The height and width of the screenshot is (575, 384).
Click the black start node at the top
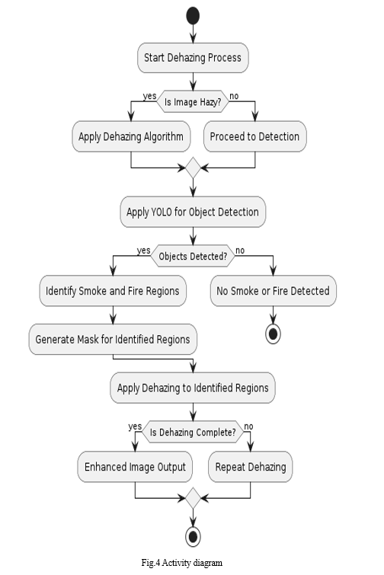(x=193, y=16)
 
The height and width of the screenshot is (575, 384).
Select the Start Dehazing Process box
(x=193, y=58)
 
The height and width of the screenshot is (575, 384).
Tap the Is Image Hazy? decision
(x=193, y=101)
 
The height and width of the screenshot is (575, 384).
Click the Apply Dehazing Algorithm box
(x=131, y=136)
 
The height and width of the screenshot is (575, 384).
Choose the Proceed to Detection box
(x=255, y=136)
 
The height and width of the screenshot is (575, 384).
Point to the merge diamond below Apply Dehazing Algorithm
(x=193, y=168)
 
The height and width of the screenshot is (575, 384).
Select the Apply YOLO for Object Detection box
(x=193, y=212)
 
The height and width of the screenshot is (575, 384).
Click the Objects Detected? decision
(x=193, y=256)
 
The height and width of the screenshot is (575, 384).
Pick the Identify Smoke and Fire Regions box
(x=113, y=291)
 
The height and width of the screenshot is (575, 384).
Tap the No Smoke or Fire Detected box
(x=274, y=291)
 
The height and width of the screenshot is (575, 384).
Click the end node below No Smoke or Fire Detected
(x=274, y=334)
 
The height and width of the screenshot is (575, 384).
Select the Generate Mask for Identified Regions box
(x=113, y=339)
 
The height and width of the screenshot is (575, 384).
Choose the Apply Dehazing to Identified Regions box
(x=193, y=388)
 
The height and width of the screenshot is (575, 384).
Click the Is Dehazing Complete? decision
(x=193, y=432)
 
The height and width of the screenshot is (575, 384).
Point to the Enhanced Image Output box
(x=135, y=467)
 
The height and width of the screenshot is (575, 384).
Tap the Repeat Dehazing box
(x=251, y=467)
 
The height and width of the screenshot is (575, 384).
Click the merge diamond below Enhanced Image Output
(x=193, y=498)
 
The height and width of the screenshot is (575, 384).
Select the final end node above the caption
(x=193, y=537)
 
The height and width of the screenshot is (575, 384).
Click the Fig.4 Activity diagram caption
(x=182, y=563)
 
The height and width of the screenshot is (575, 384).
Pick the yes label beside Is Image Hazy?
(x=149, y=96)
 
